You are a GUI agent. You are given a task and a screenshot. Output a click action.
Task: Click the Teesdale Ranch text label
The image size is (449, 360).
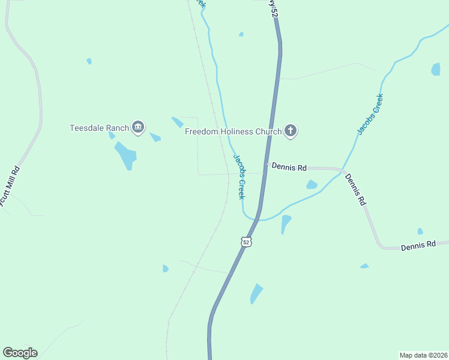point(99,128)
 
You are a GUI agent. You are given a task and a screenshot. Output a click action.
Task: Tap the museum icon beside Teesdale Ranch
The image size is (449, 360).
point(139,127)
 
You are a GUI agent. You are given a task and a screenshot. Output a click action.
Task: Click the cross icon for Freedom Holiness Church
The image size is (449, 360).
point(291,131)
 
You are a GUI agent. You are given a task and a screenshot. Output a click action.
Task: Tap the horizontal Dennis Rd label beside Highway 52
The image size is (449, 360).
point(289,167)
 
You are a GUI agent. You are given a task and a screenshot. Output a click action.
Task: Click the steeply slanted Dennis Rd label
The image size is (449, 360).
point(355,190)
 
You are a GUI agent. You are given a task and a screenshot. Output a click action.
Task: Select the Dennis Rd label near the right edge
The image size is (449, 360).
point(418,246)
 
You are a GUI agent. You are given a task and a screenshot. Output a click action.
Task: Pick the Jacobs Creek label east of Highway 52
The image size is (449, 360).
point(370,114)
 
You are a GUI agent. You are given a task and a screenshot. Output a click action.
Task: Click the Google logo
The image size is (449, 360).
point(20,353)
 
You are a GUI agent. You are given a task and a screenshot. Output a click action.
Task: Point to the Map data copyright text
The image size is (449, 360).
point(423,355)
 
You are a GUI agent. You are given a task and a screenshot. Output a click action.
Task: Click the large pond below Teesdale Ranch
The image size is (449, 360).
point(127,155)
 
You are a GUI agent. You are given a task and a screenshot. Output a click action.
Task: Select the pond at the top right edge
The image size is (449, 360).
point(436,69)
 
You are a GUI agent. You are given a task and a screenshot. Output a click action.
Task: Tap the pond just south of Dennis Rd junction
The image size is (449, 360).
point(312,185)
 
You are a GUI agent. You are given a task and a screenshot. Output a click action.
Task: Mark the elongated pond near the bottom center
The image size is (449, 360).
point(256,293)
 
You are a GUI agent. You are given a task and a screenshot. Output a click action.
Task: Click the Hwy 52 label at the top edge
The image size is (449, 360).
point(273,8)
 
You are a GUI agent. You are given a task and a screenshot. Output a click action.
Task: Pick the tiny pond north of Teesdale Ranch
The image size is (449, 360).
point(89,61)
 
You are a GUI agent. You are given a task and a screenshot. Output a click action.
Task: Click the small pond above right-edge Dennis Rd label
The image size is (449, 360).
point(420,231)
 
